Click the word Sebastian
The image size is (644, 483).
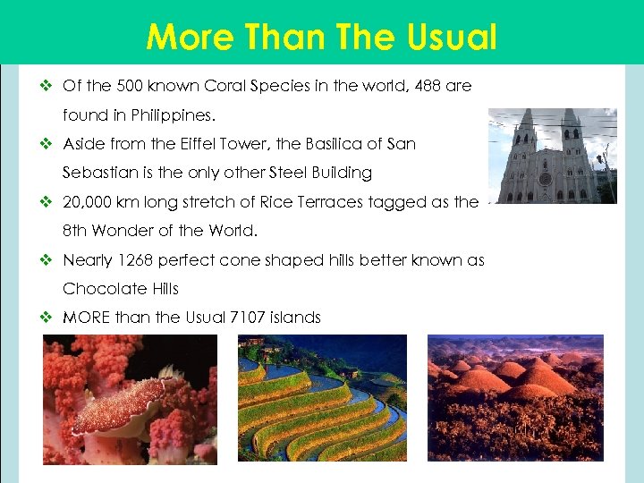click(x=98, y=173)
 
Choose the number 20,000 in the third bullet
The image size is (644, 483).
click(x=91, y=202)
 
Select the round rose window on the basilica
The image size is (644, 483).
click(x=546, y=179)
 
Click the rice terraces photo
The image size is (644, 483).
click(x=322, y=398)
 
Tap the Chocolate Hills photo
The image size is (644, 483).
click(x=515, y=398)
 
